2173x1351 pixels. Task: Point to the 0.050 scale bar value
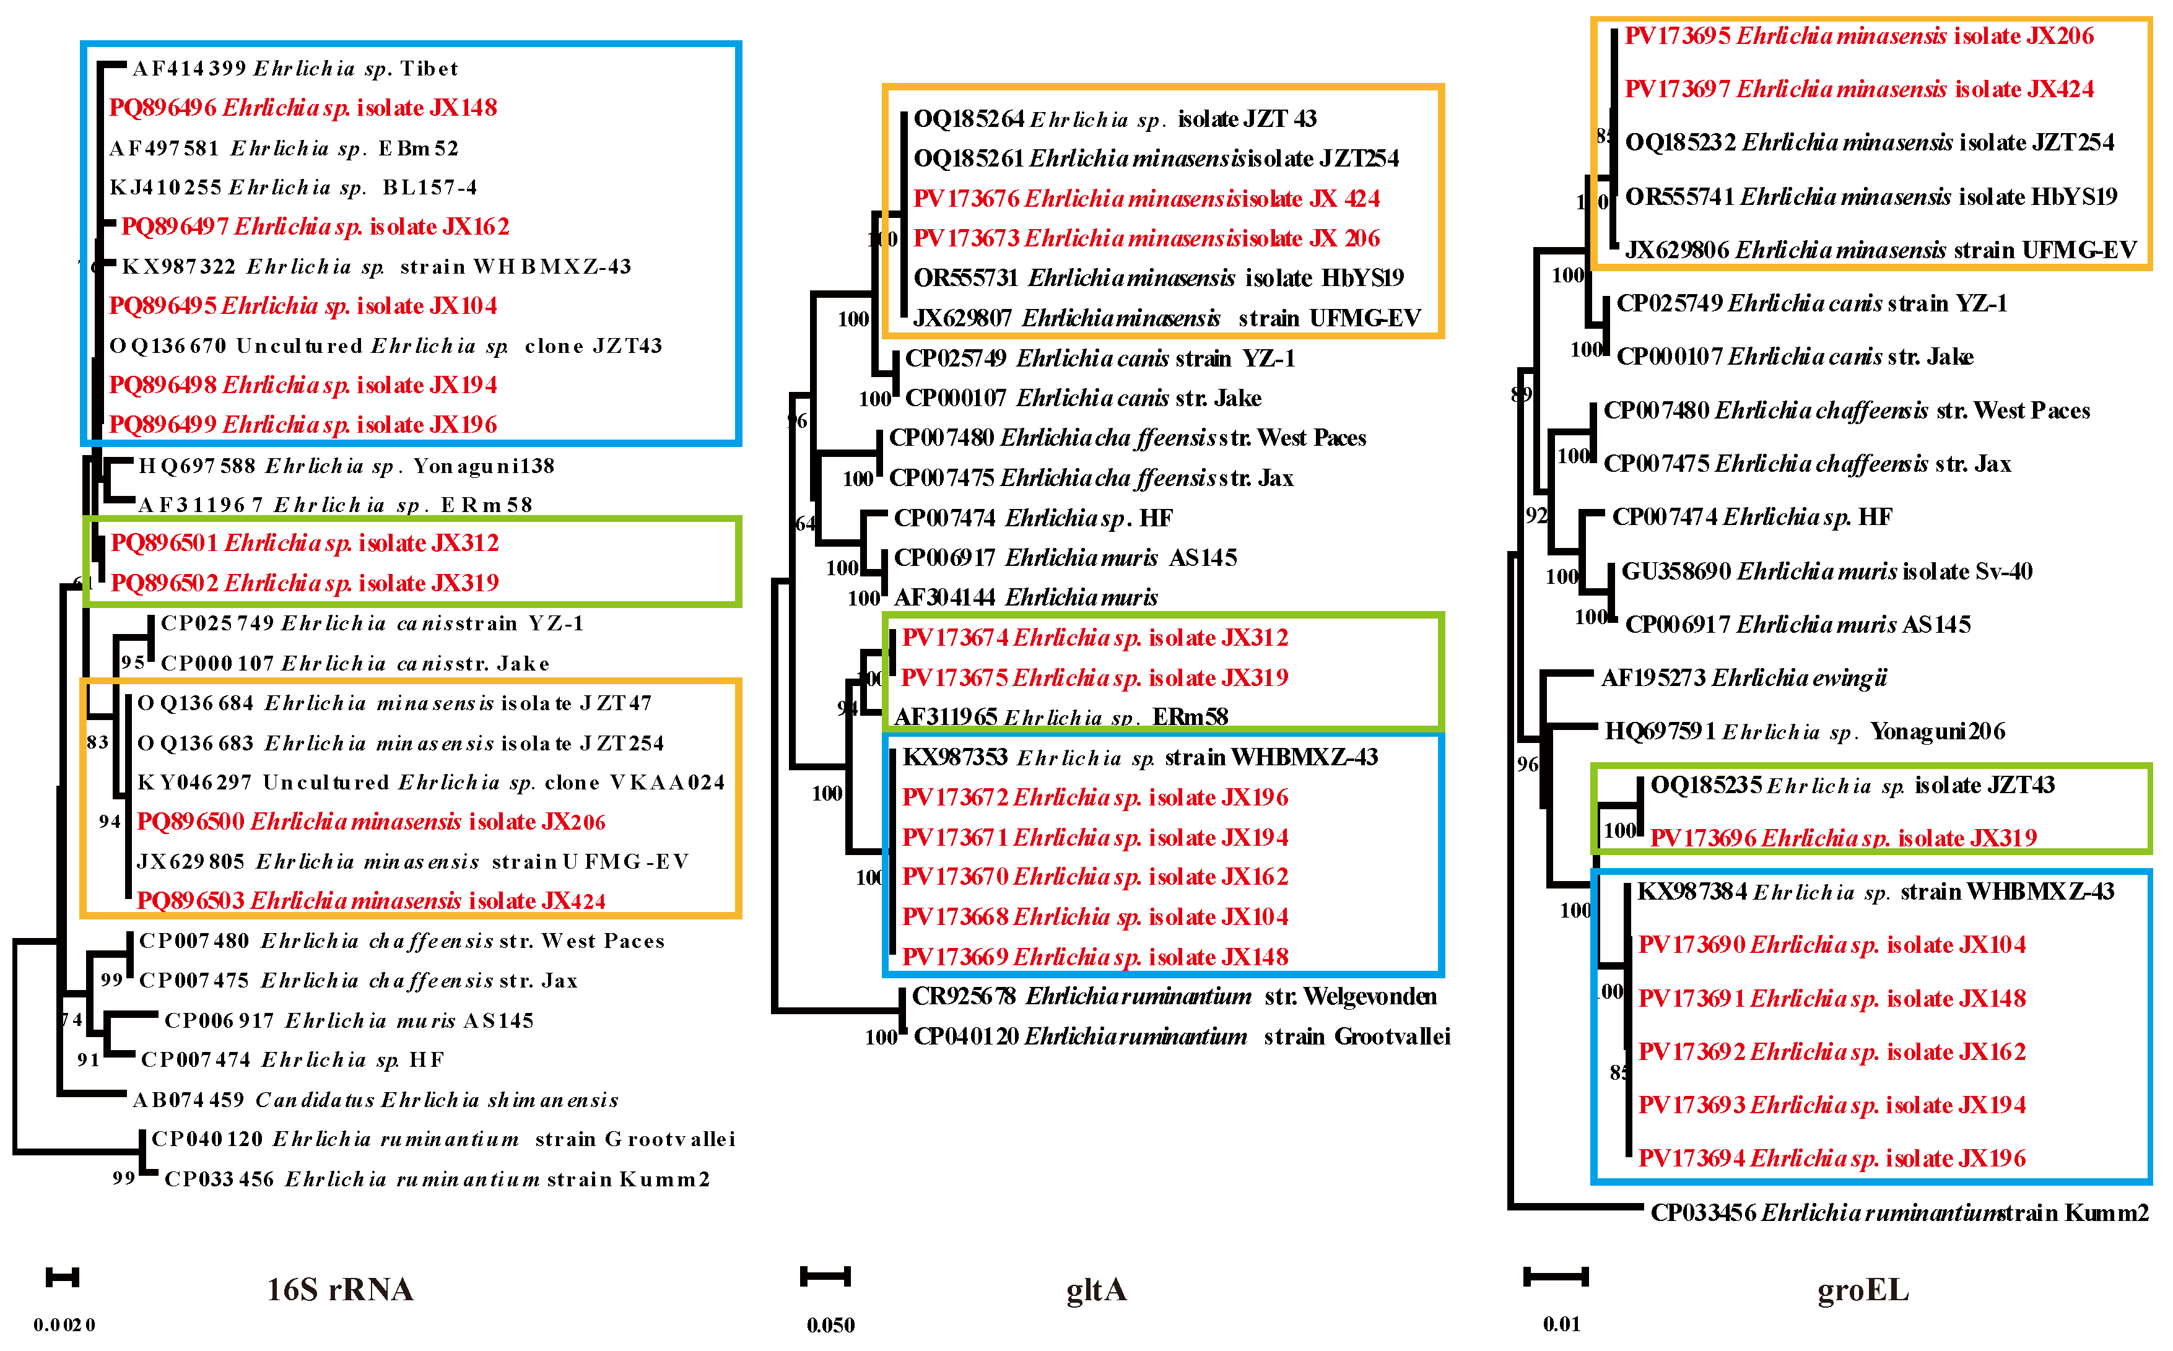coord(830,1325)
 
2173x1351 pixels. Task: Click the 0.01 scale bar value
coord(1561,1324)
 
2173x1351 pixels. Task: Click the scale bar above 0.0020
coord(63,1278)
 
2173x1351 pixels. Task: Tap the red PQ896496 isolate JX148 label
coord(303,108)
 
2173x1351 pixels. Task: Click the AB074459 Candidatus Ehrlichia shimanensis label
coord(375,1100)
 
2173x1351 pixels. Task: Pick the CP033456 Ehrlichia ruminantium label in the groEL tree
coord(1899,1212)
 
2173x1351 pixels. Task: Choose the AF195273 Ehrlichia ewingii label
coord(1743,678)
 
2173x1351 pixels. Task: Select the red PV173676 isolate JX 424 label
coord(1146,198)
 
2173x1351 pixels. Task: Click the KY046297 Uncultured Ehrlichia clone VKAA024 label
coord(430,783)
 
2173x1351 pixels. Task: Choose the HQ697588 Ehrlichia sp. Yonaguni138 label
coord(347,466)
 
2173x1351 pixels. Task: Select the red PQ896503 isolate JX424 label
coord(371,901)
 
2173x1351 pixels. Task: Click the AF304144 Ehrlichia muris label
coord(1026,597)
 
